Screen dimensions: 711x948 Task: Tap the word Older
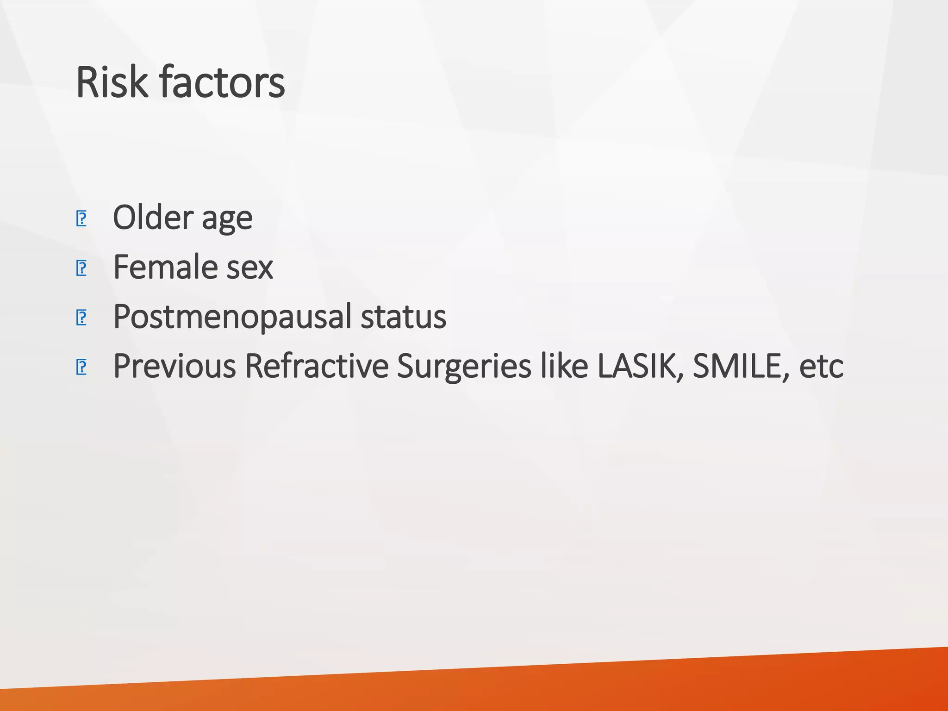153,217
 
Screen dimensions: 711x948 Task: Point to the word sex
250,268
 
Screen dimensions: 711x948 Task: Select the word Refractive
317,366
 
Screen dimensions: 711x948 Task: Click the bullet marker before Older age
81,218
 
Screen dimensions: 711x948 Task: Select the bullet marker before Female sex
81,268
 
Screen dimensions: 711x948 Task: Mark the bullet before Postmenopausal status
81,318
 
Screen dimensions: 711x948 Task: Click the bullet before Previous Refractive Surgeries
81,367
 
